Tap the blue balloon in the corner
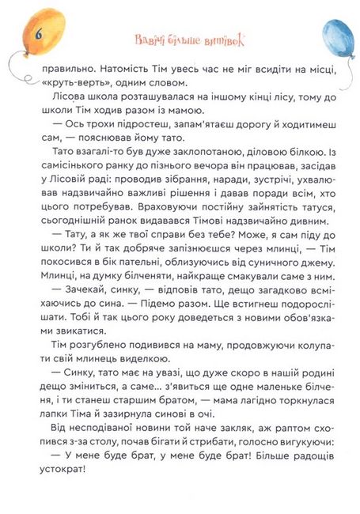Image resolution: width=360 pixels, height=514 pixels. (336, 38)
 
